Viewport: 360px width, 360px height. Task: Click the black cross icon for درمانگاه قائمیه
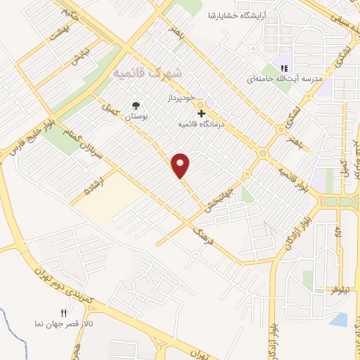(201, 112)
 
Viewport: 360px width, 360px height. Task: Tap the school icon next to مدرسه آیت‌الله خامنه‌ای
(284, 68)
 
